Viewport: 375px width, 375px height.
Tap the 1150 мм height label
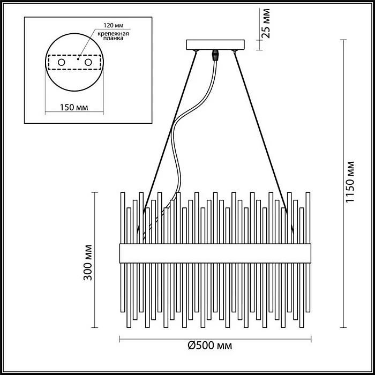351,182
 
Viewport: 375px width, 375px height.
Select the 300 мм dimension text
89,263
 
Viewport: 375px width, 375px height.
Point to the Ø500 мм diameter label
210,347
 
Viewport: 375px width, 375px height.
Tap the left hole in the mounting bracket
62,63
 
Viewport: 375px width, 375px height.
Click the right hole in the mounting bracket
97,63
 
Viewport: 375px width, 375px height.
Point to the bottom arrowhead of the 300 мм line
96,327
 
